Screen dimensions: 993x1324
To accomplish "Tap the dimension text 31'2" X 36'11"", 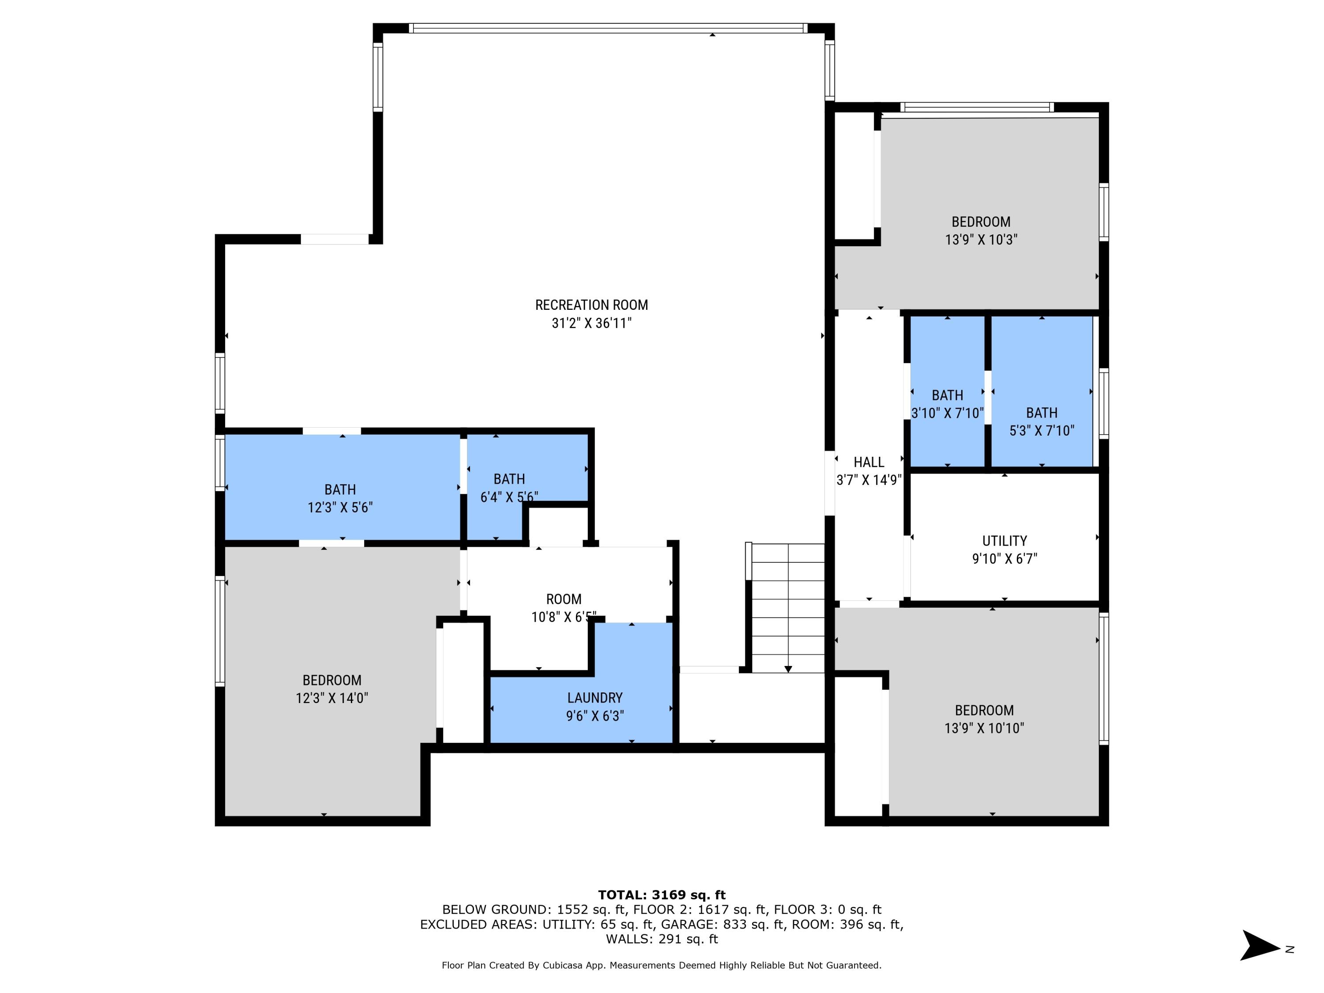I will tap(591, 323).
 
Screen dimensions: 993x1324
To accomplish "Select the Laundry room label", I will tap(594, 697).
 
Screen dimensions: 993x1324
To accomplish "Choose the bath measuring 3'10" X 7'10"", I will tap(947, 404).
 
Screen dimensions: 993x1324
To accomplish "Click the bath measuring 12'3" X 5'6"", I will tap(340, 498).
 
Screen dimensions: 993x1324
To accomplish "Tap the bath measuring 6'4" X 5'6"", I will tap(509, 487).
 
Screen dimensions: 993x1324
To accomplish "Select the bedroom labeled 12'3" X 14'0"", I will tap(331, 688).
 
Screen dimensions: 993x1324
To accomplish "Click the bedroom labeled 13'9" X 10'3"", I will tap(981, 230).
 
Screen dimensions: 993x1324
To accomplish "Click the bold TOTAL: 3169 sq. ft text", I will tap(662, 895).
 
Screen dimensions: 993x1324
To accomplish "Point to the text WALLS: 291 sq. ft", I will tap(662, 939).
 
